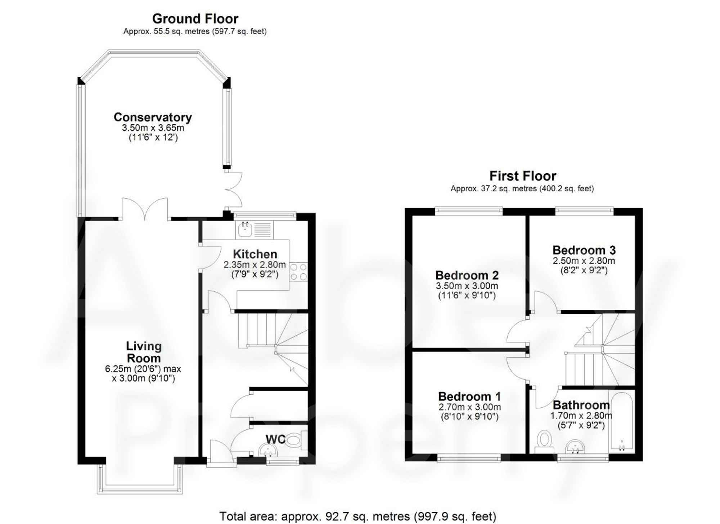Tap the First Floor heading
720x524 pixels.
point(522,176)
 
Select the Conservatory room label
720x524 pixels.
point(153,117)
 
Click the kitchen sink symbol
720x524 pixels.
point(245,229)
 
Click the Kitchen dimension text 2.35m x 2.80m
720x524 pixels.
point(255,265)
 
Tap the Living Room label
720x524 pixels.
point(143,352)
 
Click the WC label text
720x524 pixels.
point(275,439)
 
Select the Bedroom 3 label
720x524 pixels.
point(584,250)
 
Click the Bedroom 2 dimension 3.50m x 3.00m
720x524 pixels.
point(467,286)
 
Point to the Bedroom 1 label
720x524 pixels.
point(469,397)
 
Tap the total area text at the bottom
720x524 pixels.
point(357,516)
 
